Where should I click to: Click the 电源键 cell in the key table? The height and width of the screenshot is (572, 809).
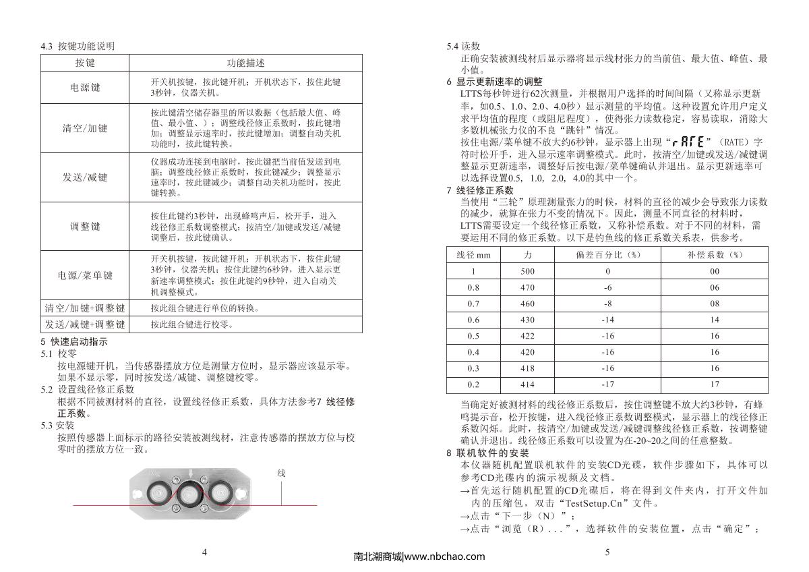[85, 87]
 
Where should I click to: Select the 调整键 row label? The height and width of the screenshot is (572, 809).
[85, 226]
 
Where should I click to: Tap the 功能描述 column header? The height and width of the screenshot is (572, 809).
[245, 63]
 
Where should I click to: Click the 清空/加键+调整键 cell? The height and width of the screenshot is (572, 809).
[85, 308]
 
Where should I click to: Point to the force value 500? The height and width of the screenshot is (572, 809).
[527, 271]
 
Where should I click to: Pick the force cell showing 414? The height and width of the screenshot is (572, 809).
[527, 384]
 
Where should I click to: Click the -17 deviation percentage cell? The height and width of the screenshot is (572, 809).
[607, 384]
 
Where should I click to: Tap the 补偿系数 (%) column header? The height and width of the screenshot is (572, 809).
[715, 255]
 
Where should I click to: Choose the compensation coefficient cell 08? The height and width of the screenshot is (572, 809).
[715, 304]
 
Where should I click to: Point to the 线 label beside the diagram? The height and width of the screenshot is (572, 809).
[282, 474]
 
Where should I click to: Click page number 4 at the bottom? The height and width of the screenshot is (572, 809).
[204, 552]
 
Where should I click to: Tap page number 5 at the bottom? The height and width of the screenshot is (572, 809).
[607, 552]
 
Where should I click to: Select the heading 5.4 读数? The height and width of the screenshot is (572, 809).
[463, 47]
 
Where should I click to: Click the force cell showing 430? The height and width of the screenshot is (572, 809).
[527, 320]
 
